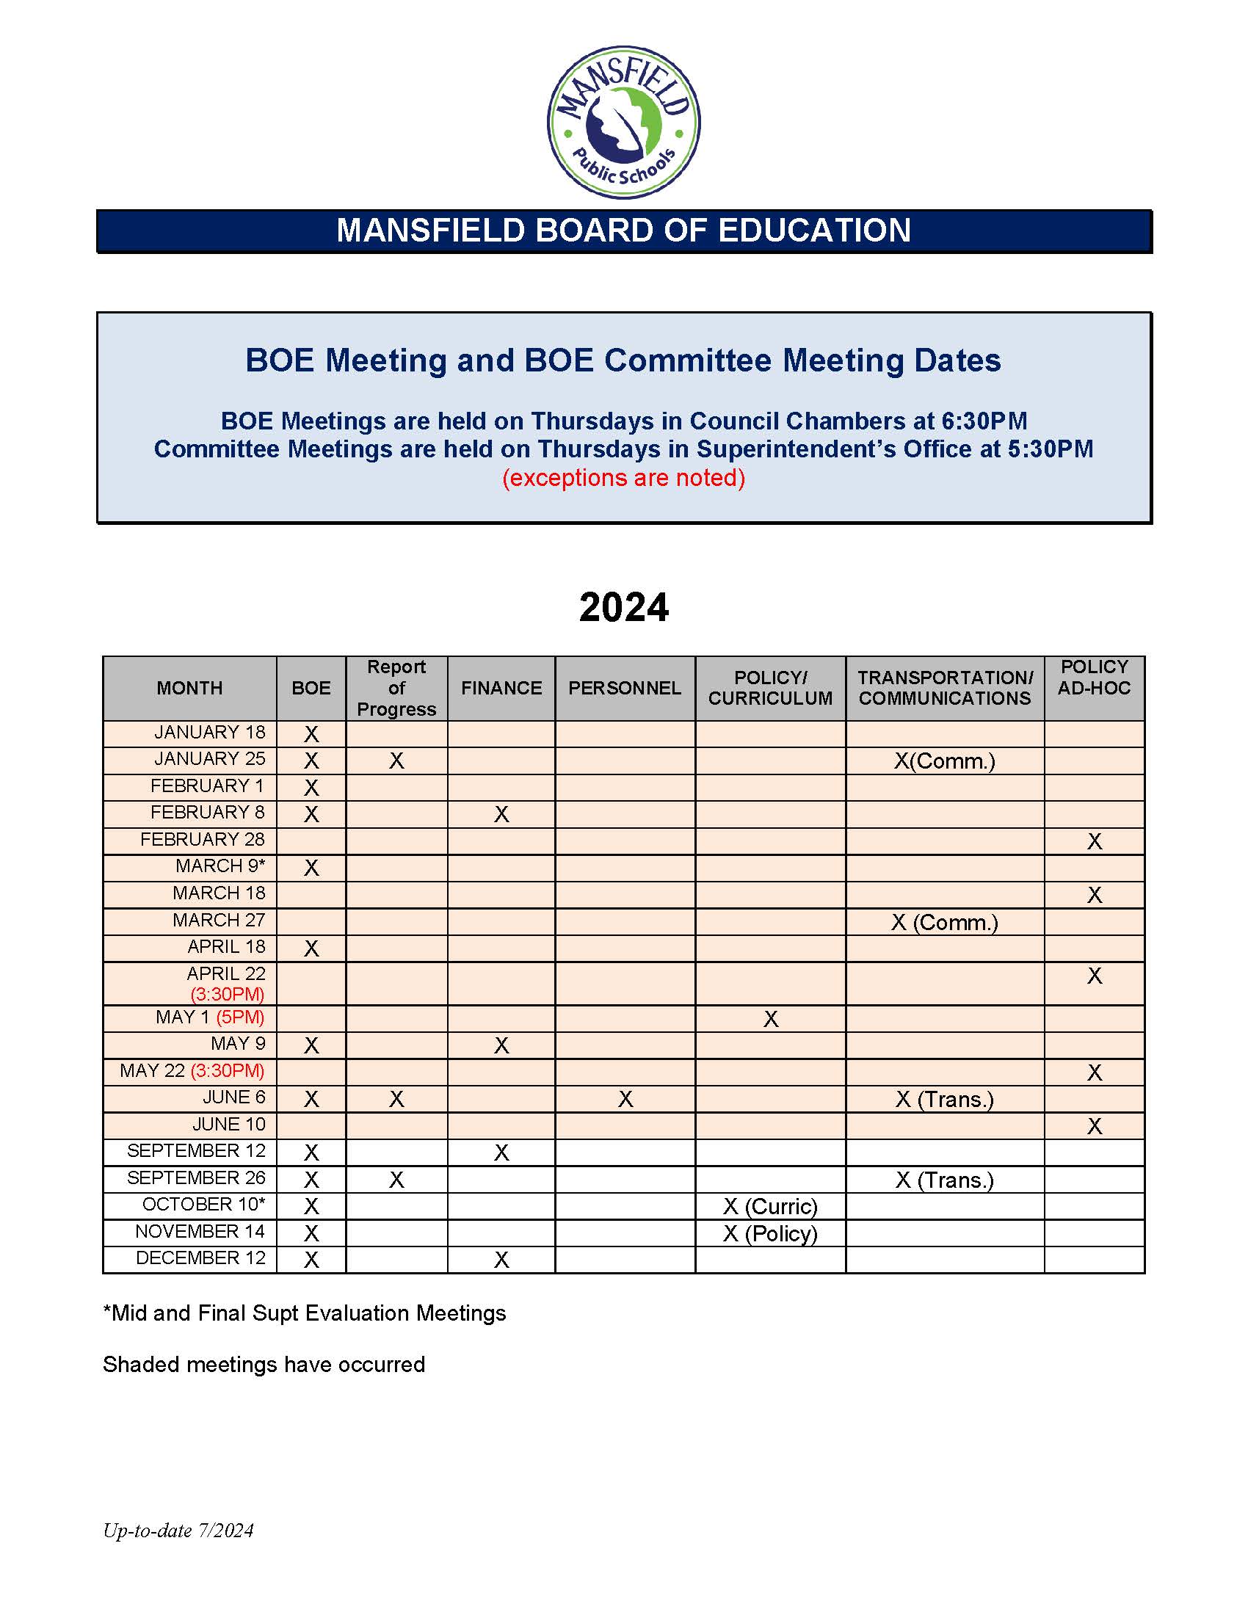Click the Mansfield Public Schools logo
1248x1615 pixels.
click(623, 122)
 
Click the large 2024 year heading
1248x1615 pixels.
click(623, 607)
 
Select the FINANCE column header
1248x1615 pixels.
click(501, 689)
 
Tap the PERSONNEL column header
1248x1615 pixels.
click(625, 689)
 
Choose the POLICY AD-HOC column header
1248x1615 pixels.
click(1094, 678)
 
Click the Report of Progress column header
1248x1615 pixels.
click(396, 689)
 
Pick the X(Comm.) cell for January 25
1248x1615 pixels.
click(944, 761)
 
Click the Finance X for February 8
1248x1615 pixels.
click(501, 815)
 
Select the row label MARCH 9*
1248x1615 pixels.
click(220, 866)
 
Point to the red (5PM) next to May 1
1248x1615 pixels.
click(240, 1017)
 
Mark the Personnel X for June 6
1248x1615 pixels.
click(625, 1100)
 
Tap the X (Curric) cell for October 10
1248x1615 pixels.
click(769, 1207)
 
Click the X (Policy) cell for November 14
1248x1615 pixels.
click(769, 1233)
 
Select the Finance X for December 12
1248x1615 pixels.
click(501, 1260)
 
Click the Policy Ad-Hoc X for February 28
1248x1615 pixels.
click(1095, 841)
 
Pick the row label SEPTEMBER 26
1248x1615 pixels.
click(196, 1178)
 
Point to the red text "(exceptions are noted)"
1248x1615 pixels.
click(623, 478)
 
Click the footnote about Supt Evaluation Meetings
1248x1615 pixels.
click(305, 1313)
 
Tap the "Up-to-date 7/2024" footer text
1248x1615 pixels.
click(178, 1531)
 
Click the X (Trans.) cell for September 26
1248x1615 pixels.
click(944, 1180)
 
